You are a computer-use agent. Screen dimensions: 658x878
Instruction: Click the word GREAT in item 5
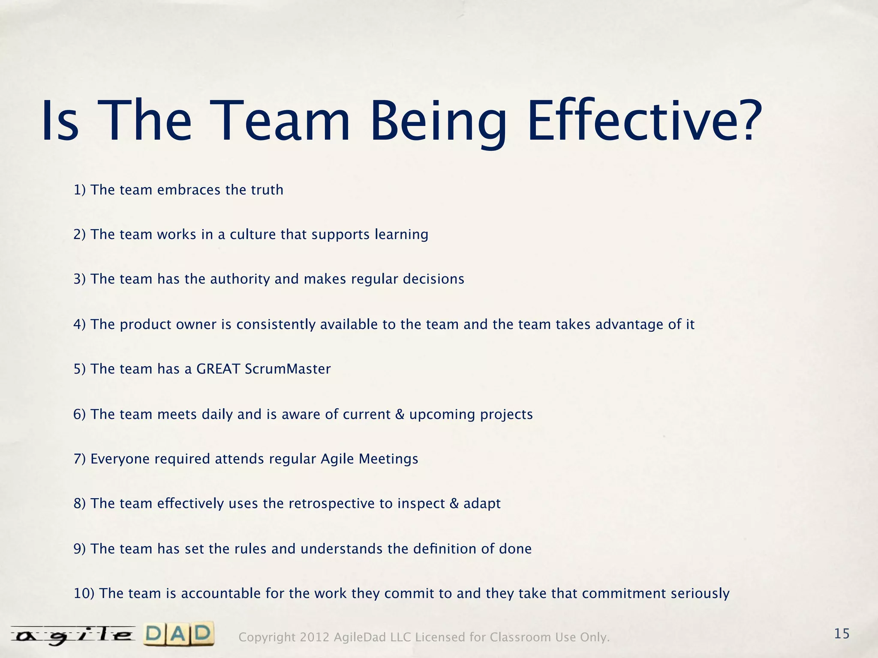(218, 369)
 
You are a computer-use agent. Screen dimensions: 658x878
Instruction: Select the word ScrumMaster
(288, 369)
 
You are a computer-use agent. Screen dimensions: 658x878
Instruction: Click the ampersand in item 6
(400, 414)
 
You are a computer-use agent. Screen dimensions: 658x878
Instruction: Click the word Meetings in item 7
(388, 459)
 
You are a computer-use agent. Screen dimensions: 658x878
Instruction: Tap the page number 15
(842, 634)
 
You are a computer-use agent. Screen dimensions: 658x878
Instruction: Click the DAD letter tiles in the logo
(179, 634)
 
